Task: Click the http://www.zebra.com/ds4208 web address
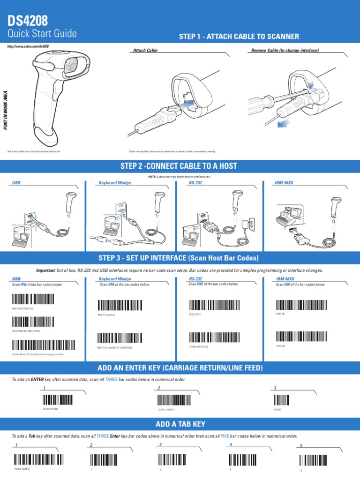tap(28, 46)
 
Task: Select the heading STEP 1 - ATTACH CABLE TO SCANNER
tap(239, 37)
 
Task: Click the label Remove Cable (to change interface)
tap(285, 50)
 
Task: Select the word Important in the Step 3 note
tap(46, 270)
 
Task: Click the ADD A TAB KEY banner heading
tap(180, 424)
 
